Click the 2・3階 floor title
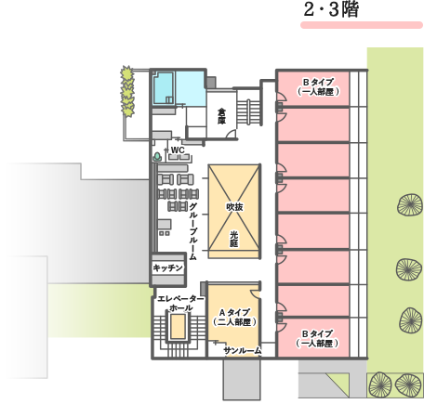click(331, 10)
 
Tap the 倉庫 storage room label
click(221, 116)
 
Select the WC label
click(178, 150)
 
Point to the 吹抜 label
click(234, 207)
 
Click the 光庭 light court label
click(234, 239)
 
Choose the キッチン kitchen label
click(167, 267)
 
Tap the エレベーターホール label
click(181, 304)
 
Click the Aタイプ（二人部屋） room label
click(234, 318)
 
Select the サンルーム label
click(243, 351)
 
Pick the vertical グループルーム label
click(192, 231)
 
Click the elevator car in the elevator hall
click(179, 326)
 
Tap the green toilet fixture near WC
click(157, 157)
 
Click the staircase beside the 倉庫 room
click(248, 111)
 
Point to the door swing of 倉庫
click(231, 134)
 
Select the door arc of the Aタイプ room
click(254, 293)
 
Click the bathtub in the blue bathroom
click(164, 88)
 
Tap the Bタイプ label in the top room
click(318, 83)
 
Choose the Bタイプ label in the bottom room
click(317, 334)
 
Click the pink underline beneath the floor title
click(362, 25)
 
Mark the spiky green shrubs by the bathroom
click(127, 91)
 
